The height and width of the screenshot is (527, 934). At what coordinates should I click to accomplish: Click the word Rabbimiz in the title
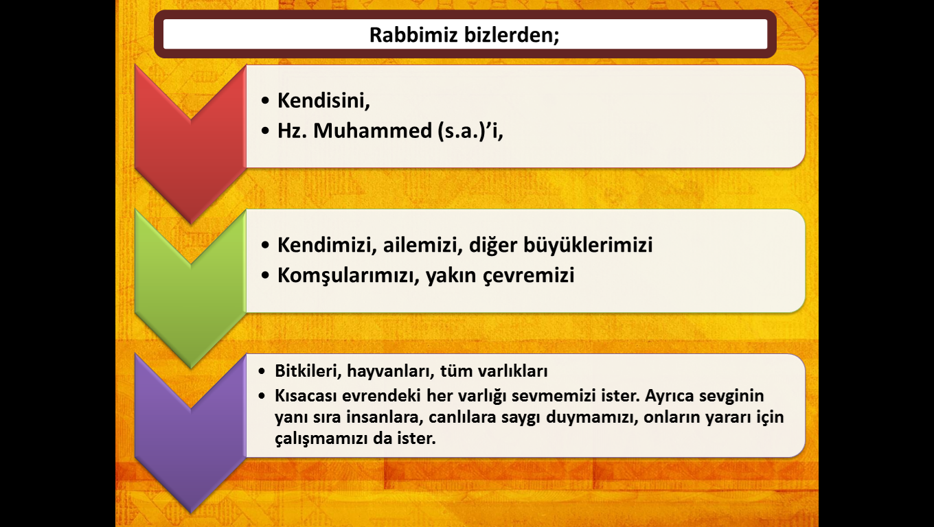(413, 34)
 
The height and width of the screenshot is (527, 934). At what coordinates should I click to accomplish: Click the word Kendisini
(323, 100)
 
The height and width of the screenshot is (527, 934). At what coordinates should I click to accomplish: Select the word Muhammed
(373, 130)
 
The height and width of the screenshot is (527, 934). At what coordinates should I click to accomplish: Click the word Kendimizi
(327, 244)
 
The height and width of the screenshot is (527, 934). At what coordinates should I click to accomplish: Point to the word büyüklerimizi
(588, 245)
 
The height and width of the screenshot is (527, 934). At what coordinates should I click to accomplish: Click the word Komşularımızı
(348, 276)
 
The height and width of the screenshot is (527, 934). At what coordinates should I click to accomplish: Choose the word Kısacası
(306, 396)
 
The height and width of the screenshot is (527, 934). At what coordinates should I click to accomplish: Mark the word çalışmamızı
(321, 438)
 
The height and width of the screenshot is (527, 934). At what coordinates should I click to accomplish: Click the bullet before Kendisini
(265, 101)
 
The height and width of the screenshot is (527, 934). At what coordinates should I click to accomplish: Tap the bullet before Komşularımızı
(265, 275)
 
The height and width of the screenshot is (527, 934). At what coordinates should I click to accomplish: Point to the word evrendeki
(381, 396)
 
